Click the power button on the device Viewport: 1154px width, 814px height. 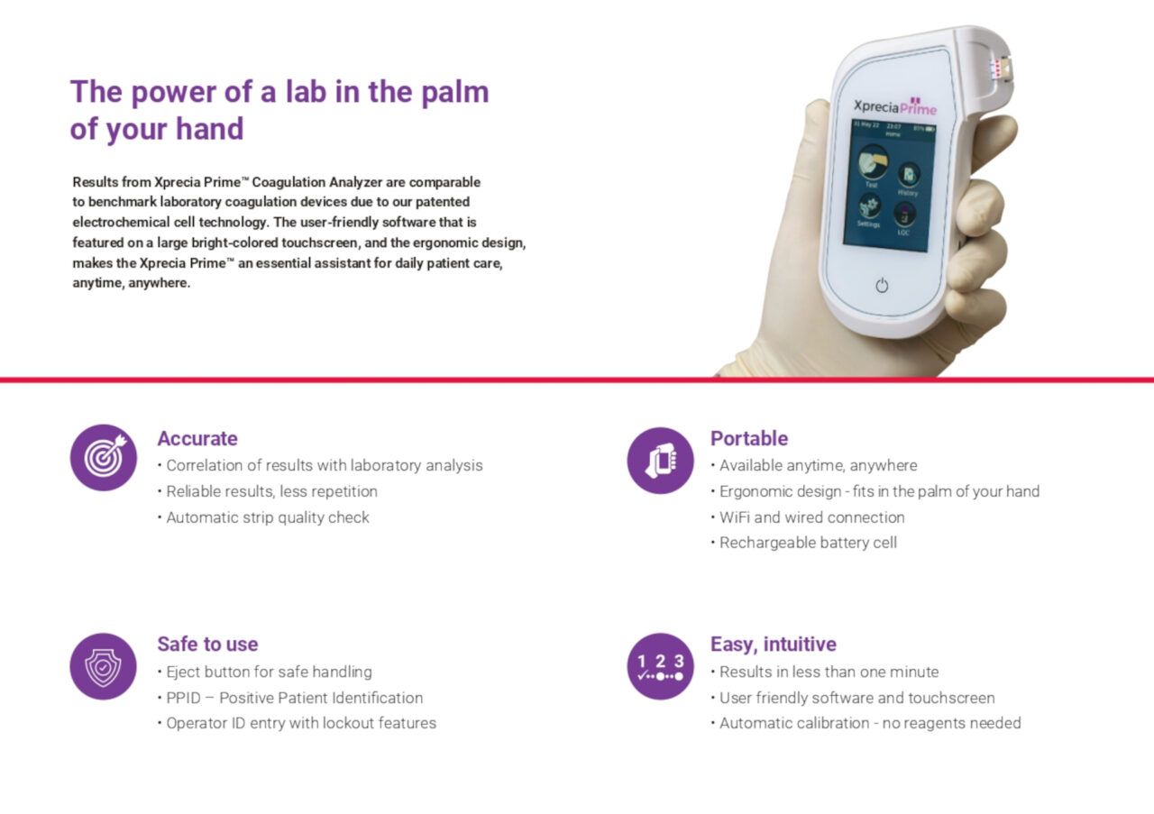pos(882,285)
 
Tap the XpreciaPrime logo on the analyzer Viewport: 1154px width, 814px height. pos(895,107)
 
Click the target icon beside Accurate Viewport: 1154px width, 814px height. pos(104,458)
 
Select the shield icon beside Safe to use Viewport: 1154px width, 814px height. pos(103,666)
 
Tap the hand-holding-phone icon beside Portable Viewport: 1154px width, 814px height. pos(661,460)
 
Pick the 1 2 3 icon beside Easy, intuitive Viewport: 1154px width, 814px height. pos(661,666)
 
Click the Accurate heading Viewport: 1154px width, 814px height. pos(197,438)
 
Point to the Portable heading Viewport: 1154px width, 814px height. pos(749,438)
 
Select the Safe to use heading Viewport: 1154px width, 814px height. pos(207,644)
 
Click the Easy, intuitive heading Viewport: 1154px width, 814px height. pos(774,645)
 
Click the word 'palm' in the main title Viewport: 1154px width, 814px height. pos(455,93)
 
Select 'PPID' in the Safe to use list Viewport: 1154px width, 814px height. pos(183,698)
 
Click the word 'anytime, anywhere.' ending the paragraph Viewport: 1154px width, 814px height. pos(132,283)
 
